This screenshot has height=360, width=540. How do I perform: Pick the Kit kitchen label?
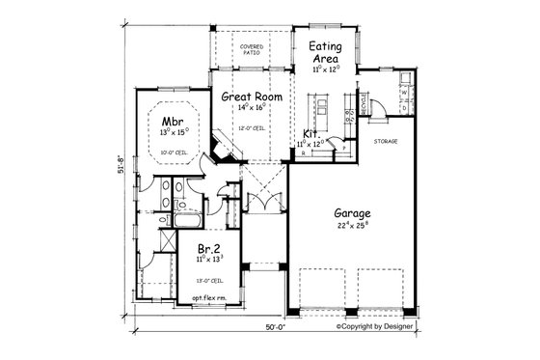point(311,134)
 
